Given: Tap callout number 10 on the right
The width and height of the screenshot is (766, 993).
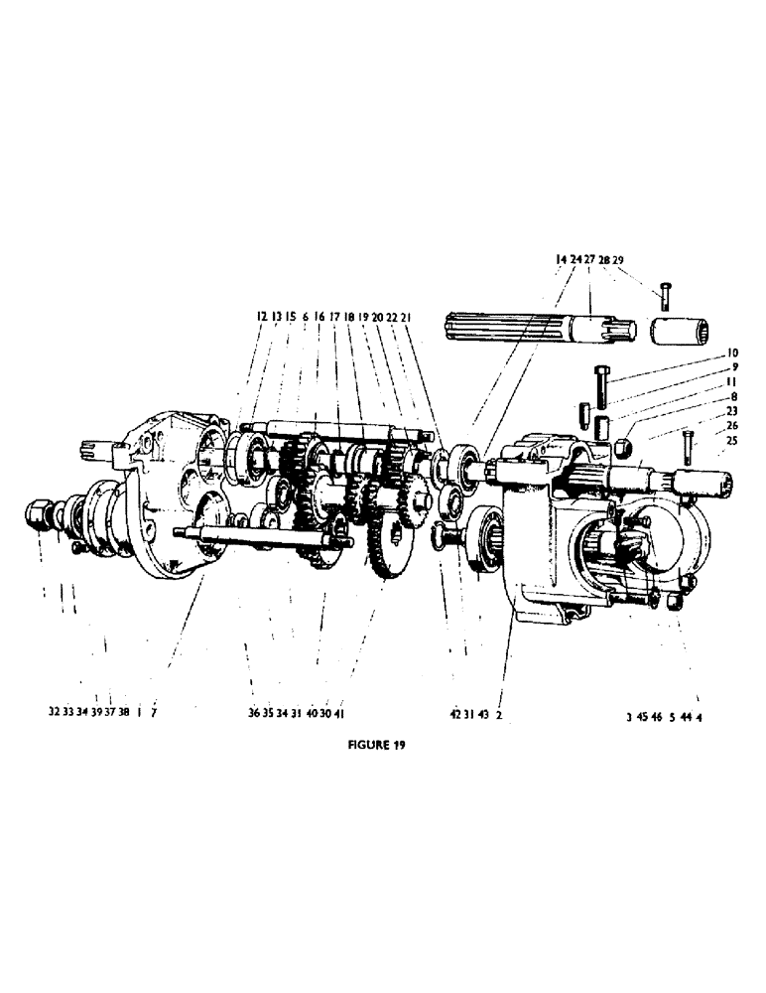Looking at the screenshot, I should coord(732,353).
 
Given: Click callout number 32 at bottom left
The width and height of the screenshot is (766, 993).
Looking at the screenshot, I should coord(53,712).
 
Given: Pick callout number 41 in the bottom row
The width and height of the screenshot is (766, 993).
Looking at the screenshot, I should coord(339,712).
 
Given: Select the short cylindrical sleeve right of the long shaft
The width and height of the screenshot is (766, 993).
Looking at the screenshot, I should coord(683,332).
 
